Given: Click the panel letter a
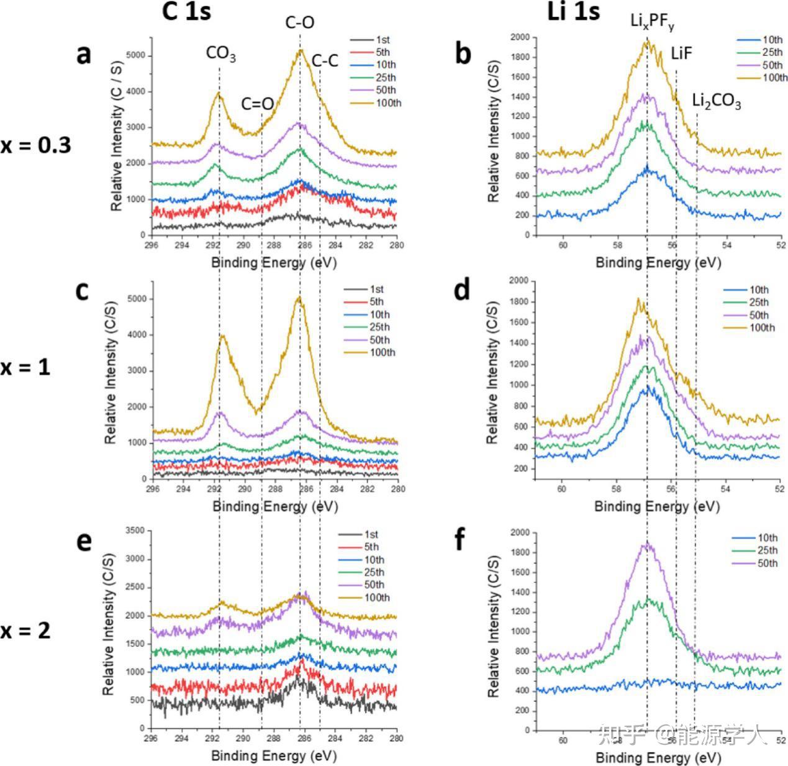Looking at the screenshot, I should tap(84, 55).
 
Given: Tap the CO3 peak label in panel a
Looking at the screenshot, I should tap(220, 55).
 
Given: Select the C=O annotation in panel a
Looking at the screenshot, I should tap(257, 104).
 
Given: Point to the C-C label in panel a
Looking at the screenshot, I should tap(325, 61).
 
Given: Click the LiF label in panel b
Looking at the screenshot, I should tap(681, 53).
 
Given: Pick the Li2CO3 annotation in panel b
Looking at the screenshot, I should tap(717, 101).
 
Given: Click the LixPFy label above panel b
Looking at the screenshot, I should tap(652, 22).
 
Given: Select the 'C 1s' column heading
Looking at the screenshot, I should tap(186, 12).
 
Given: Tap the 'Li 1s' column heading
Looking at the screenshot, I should tap(573, 12).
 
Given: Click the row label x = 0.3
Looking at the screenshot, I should tap(35, 145).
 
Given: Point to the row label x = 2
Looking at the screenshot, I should tap(25, 631).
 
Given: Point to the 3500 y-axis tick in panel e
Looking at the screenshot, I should tap(134, 531).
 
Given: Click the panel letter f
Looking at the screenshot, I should tap(460, 540).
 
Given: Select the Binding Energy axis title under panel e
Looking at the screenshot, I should tap(274, 756).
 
